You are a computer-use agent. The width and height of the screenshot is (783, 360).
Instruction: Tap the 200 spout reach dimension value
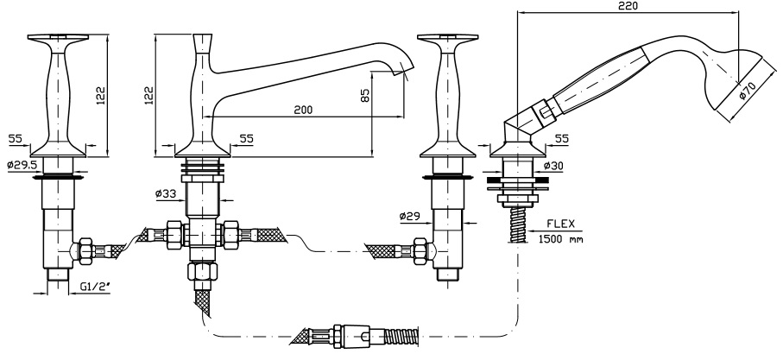click(x=302, y=111)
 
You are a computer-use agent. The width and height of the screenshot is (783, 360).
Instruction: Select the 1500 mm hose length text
click(x=559, y=238)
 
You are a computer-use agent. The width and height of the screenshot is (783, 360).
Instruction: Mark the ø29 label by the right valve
click(x=412, y=215)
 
